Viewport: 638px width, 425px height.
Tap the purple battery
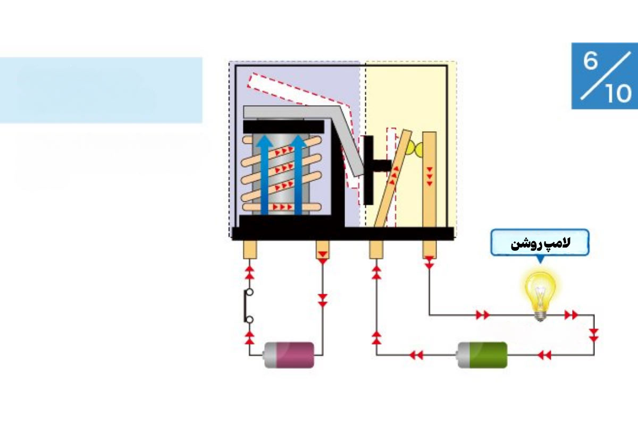tap(289, 355)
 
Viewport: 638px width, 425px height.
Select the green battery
tap(482, 355)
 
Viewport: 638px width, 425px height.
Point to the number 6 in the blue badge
tap(590, 61)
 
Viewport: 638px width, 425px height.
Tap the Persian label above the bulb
tap(540, 244)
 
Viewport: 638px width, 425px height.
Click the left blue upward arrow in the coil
tap(264, 174)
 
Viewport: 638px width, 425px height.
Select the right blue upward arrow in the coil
tap(298, 174)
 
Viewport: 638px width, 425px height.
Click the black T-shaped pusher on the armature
tap(373, 170)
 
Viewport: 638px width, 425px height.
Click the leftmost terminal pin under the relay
tap(250, 250)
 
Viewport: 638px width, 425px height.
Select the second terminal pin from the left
tap(322, 250)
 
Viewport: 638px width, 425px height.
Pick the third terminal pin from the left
tap(376, 250)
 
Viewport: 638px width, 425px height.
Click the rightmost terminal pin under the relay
tap(429, 250)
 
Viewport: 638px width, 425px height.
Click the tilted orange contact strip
tap(393, 178)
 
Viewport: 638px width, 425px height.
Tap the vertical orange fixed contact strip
tap(429, 180)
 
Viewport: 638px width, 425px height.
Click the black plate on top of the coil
tap(283, 126)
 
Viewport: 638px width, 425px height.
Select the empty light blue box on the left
tap(101, 90)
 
